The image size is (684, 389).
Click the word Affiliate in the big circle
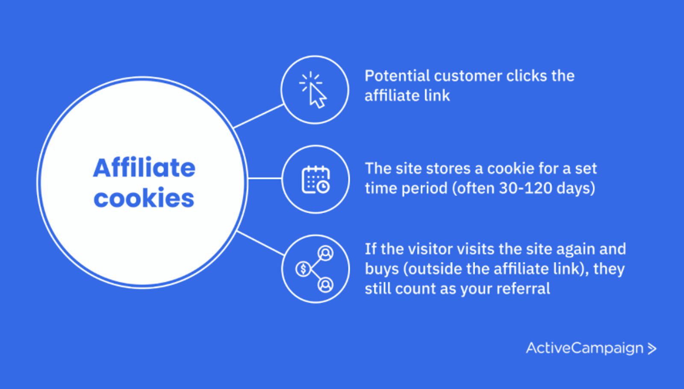[144, 168]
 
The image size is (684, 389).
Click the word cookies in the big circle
[144, 198]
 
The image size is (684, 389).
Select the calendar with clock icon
[315, 180]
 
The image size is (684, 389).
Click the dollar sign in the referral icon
[303, 269]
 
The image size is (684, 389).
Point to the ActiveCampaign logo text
[584, 348]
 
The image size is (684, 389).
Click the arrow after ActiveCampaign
[652, 349]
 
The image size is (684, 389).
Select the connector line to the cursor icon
[259, 116]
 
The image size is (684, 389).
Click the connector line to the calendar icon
[265, 179]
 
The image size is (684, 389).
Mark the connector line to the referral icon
[260, 243]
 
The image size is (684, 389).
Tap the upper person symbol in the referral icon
[326, 253]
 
